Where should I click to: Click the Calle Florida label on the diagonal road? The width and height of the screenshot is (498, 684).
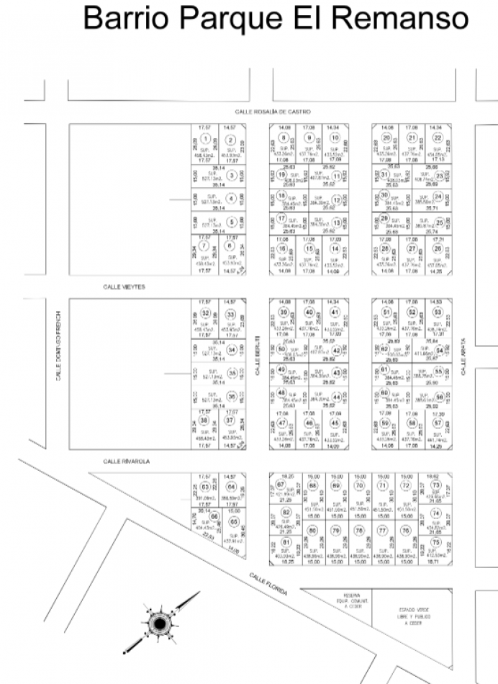click(268, 583)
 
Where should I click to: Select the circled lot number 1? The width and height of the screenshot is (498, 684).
click(206, 140)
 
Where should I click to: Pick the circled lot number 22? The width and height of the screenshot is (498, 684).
click(437, 138)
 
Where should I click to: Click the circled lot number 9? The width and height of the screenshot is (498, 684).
click(309, 138)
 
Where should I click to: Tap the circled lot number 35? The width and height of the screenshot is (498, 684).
click(232, 372)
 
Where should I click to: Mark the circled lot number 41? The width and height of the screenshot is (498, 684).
click(335, 312)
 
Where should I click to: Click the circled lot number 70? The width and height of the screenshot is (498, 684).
click(359, 485)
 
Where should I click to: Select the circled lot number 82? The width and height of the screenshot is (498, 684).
click(286, 512)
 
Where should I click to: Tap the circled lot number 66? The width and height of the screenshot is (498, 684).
click(213, 516)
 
